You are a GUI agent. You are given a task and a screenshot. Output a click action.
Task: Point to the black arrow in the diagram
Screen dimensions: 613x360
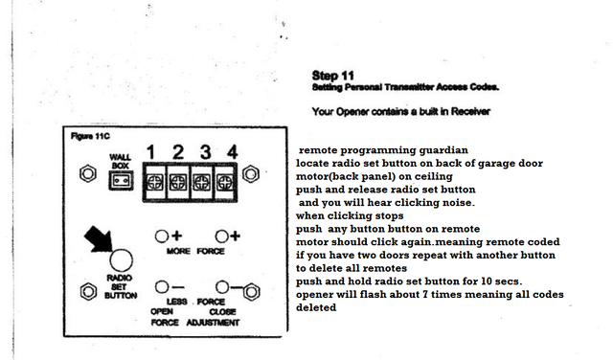coord(99,238)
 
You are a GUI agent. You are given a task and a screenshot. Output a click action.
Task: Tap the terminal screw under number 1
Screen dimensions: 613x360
coord(155,182)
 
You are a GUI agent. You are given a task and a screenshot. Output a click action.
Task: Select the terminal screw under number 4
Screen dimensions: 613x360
coord(225,182)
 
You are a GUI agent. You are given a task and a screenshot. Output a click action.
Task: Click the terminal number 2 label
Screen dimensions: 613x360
coord(178,152)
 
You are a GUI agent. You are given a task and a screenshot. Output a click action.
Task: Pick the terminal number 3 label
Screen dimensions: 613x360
coord(206,152)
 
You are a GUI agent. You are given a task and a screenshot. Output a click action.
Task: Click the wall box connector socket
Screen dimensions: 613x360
coord(121,181)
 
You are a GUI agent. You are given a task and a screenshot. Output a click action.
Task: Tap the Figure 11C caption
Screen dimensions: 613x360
coord(90,136)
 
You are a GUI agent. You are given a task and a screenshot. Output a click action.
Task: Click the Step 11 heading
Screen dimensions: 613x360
coord(333,76)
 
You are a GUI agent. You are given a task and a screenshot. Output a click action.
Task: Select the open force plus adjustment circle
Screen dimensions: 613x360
coord(162,236)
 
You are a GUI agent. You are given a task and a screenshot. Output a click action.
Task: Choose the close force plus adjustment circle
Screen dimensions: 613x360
coord(221,236)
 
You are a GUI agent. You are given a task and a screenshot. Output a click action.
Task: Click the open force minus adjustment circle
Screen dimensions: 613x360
coord(162,287)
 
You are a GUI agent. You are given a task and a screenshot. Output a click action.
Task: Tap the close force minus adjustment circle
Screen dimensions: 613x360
coord(222,287)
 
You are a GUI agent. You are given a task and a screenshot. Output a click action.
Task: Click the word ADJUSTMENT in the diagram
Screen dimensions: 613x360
coord(213,323)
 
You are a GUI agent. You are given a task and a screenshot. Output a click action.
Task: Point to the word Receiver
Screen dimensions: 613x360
coord(470,111)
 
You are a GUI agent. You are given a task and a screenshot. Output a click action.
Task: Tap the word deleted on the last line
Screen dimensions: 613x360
coord(316,307)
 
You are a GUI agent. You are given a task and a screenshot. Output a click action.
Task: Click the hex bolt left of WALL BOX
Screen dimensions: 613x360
coord(88,173)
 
